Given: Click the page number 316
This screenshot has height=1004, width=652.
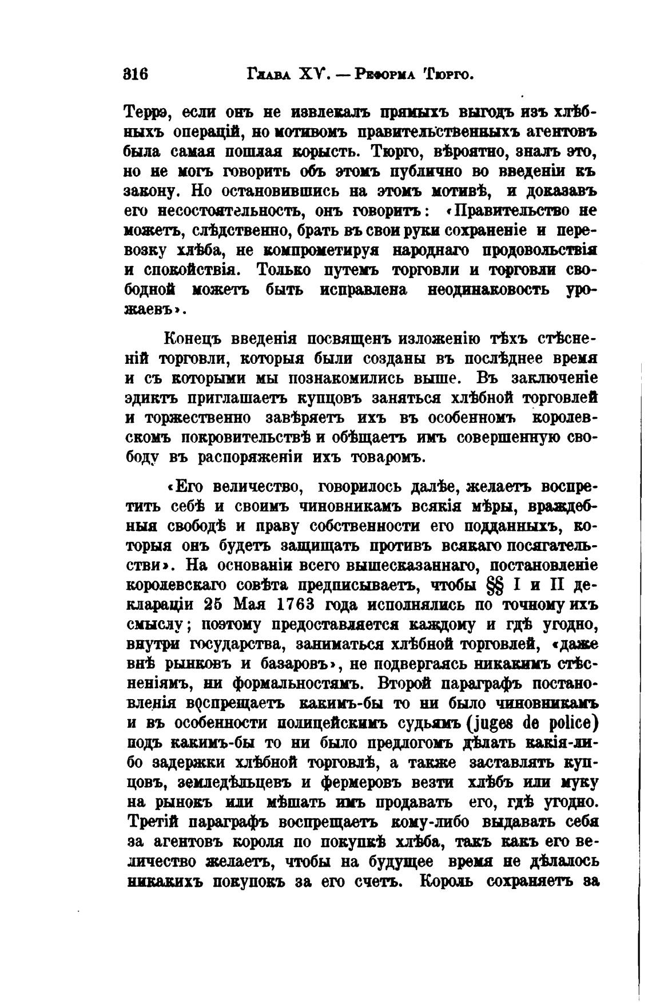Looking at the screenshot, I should pos(136,74).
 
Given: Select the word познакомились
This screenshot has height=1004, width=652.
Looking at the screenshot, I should pos(344,379).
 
